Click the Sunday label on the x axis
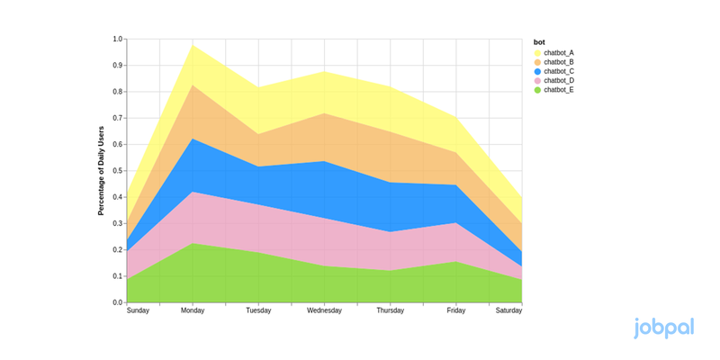(138, 311)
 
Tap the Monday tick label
(193, 311)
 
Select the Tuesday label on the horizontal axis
(258, 311)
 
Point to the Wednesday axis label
(324, 311)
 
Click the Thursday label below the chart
(390, 311)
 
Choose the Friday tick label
(455, 311)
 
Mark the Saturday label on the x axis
(508, 311)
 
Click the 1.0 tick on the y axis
(118, 40)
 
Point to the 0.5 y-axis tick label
(118, 171)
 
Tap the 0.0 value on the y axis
(118, 302)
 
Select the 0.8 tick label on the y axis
(118, 92)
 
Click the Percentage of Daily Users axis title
(102, 171)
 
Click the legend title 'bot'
(539, 41)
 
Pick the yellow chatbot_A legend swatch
(538, 52)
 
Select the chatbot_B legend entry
(559, 62)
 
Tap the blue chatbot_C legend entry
(559, 71)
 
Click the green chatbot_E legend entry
(559, 90)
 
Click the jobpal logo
(663, 328)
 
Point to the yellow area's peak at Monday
(193, 47)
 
